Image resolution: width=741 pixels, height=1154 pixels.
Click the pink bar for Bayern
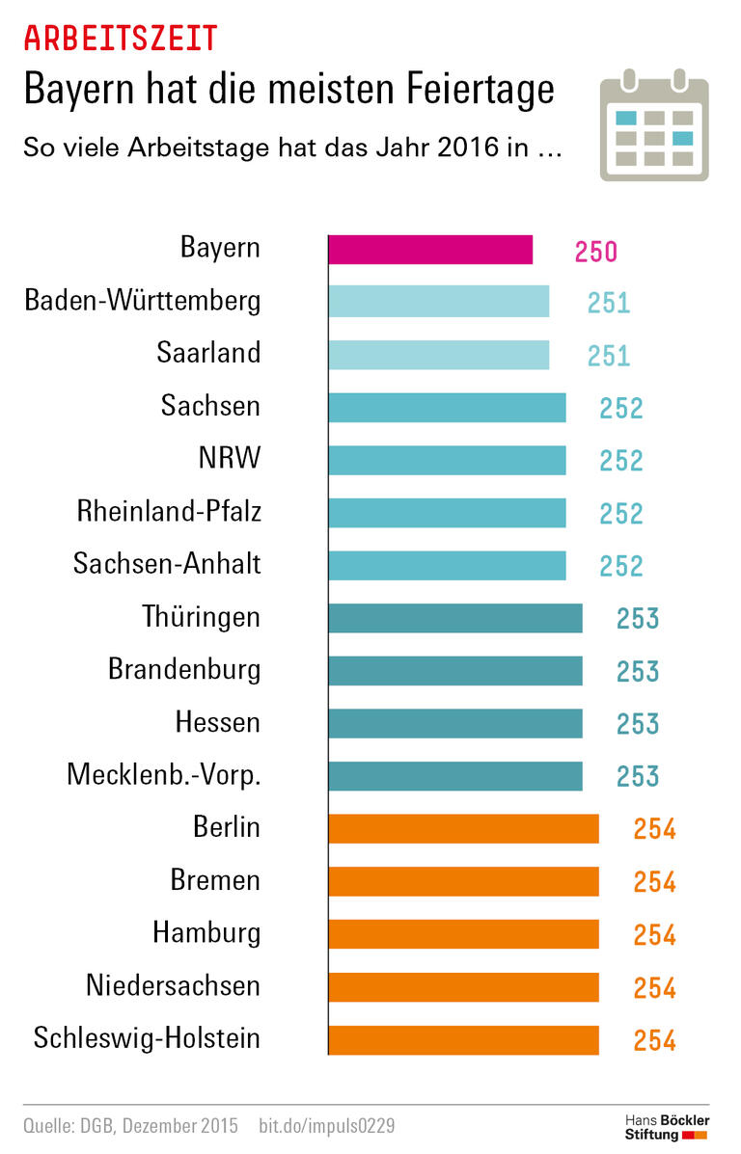[430, 250]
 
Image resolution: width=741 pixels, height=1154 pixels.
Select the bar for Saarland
[438, 355]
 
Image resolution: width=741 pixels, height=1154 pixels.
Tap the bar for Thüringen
[454, 618]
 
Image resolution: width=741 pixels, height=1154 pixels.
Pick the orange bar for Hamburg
[463, 934]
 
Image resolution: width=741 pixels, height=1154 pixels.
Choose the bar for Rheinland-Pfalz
[447, 513]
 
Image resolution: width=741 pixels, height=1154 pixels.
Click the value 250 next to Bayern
[595, 252]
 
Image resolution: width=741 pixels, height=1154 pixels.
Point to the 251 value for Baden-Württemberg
[608, 304]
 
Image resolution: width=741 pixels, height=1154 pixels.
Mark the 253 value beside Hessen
[638, 724]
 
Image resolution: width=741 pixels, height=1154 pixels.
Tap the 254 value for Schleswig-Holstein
[654, 1040]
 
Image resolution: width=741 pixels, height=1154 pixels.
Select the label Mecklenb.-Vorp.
[163, 774]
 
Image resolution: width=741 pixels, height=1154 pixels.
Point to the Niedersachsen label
[173, 985]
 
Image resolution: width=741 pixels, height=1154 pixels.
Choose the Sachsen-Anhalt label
[167, 563]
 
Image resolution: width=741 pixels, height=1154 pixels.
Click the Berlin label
[226, 826]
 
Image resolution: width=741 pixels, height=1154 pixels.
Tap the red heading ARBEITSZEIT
[120, 39]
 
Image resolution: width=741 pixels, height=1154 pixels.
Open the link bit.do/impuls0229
[327, 1125]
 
